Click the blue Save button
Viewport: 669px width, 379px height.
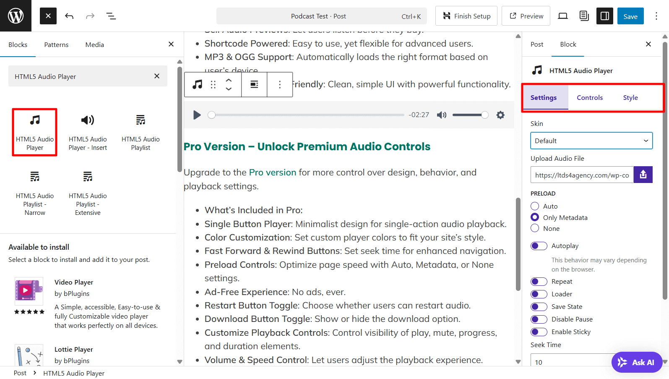click(x=630, y=16)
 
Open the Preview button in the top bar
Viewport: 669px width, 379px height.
click(x=526, y=16)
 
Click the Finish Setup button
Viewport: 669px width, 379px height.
click(x=466, y=16)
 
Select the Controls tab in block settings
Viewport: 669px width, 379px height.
click(x=589, y=98)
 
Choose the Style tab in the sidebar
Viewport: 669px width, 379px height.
click(x=630, y=98)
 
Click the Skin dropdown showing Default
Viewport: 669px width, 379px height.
click(x=591, y=141)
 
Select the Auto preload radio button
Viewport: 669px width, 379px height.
click(x=535, y=206)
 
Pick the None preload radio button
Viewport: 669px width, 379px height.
click(x=535, y=228)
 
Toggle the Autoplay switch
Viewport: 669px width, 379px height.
click(x=539, y=246)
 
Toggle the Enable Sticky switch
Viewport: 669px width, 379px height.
click(x=539, y=332)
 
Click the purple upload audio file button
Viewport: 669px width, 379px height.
click(x=643, y=175)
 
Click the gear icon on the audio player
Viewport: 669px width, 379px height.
click(x=500, y=115)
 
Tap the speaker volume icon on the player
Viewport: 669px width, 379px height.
click(x=442, y=115)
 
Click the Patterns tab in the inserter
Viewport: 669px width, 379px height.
click(x=56, y=45)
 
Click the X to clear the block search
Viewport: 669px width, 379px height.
click(x=157, y=76)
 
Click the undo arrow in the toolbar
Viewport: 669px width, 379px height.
click(x=69, y=16)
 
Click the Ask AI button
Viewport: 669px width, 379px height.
click(x=637, y=362)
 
